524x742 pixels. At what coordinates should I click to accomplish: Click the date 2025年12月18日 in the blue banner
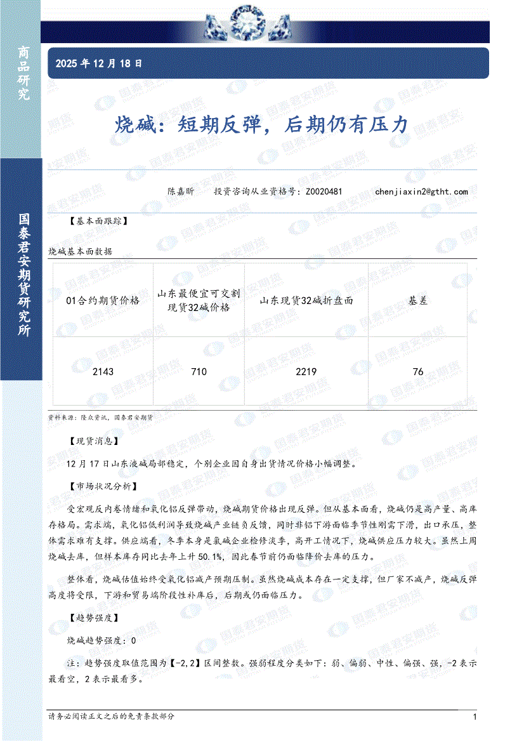(99, 63)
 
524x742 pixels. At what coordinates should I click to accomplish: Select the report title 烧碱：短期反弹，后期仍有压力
(261, 125)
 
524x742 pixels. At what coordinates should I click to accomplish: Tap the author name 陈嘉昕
(181, 191)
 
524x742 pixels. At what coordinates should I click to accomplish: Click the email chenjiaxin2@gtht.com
(421, 191)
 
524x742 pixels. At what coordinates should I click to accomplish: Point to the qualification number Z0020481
(324, 191)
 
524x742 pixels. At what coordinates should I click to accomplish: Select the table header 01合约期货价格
(103, 301)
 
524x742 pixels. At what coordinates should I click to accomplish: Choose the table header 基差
(418, 301)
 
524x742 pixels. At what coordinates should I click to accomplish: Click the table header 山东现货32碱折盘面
(306, 301)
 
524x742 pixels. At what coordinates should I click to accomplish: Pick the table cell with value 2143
(103, 371)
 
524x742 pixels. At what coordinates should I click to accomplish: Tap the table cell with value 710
(199, 371)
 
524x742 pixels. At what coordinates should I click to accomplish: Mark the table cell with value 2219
(306, 371)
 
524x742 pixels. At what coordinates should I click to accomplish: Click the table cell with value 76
(418, 371)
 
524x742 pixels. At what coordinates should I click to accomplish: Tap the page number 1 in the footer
(475, 717)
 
